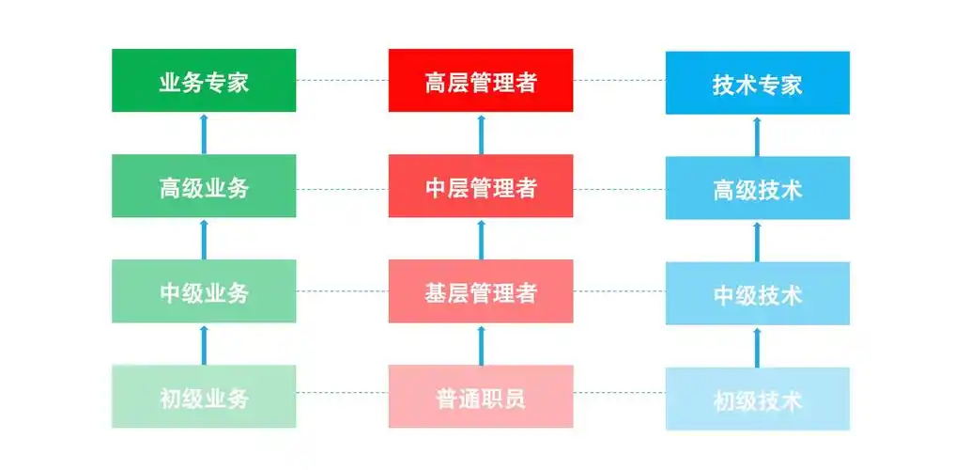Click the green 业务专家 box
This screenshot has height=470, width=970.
(x=204, y=81)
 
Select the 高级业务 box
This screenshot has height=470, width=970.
(x=204, y=186)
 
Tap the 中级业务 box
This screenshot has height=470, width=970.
(x=204, y=291)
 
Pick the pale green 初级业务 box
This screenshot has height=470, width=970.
(x=204, y=397)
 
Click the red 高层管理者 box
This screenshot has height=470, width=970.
(x=481, y=81)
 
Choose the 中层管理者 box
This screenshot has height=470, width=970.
(x=481, y=186)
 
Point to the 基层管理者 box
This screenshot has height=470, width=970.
(x=481, y=291)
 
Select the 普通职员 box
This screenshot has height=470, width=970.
(x=481, y=397)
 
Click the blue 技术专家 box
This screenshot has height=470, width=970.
(x=758, y=83)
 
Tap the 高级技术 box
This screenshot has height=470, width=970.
(x=758, y=188)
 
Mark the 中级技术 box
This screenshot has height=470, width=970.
(x=758, y=293)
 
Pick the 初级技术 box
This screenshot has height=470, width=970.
(x=758, y=399)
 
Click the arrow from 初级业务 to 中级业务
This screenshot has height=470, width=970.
(x=204, y=344)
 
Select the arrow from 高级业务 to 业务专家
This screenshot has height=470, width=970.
(x=204, y=133)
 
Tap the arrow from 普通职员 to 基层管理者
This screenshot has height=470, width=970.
(x=481, y=344)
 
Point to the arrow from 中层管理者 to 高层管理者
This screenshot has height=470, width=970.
(x=481, y=133)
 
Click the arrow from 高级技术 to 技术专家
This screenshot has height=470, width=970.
(x=758, y=135)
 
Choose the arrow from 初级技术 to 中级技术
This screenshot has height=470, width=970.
(x=758, y=346)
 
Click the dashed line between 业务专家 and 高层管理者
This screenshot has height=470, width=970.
(x=343, y=81)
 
